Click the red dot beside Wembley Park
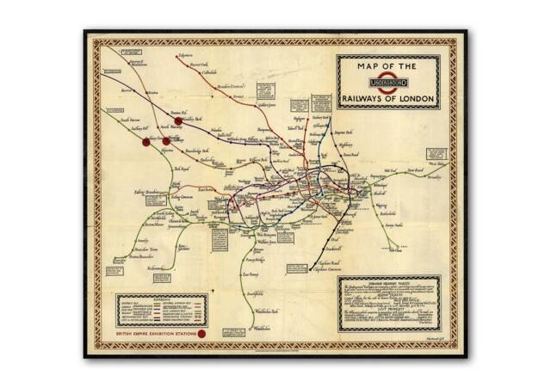point(178,121)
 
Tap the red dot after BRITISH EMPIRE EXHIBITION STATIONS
point(201,333)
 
